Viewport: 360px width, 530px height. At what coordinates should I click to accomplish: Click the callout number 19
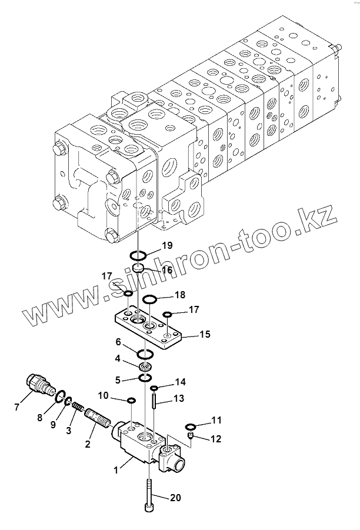[167, 246]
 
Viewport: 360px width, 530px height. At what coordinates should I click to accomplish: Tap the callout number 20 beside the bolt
[175, 498]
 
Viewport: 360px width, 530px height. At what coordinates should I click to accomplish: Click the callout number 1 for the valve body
[116, 469]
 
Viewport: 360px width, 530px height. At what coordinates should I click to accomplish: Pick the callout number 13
[179, 398]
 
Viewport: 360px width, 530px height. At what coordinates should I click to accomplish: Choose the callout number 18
[179, 294]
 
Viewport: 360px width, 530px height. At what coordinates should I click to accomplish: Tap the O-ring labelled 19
[139, 256]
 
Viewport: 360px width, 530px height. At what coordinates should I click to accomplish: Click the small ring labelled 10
[132, 401]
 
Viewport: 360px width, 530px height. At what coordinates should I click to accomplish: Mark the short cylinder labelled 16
[139, 269]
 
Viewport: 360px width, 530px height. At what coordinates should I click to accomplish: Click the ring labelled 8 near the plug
[59, 398]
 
